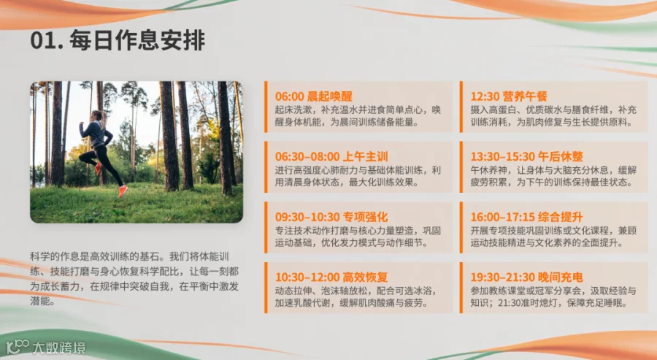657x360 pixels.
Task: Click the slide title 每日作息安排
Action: [x=137, y=40]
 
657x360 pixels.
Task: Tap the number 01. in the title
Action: [x=47, y=41]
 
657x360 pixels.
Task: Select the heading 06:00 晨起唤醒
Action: [x=313, y=96]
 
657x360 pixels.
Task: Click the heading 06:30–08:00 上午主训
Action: [x=331, y=157]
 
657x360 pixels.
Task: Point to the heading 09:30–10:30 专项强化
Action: [x=331, y=217]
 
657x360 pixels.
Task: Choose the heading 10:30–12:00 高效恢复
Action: [x=331, y=277]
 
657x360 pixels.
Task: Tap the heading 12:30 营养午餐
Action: [x=509, y=96]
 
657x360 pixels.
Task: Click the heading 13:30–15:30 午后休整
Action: [x=526, y=157]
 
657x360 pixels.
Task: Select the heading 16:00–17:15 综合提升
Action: [x=526, y=217]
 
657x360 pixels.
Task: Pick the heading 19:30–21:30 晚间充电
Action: [x=526, y=277]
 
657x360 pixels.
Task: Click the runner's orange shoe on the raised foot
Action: [x=123, y=191]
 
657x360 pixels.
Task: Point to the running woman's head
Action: [x=97, y=115]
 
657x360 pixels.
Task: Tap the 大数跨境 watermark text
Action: [x=58, y=348]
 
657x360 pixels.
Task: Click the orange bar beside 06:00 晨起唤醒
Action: [x=266, y=107]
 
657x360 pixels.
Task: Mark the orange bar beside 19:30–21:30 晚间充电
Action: [x=461, y=288]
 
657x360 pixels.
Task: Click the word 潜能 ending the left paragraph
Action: [x=41, y=301]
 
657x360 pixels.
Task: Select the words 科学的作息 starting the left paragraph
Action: [x=55, y=256]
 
